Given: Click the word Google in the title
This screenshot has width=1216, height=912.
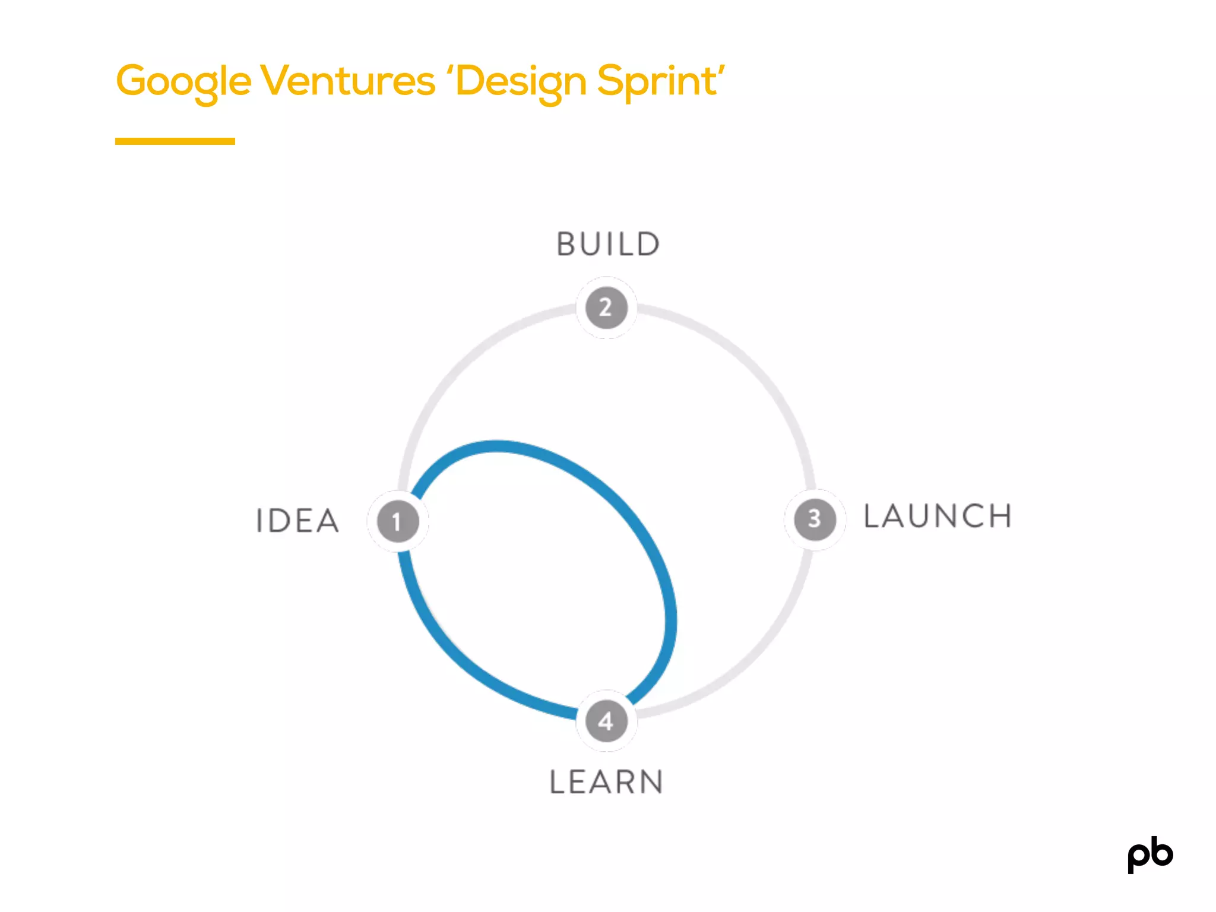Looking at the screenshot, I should click(x=183, y=81).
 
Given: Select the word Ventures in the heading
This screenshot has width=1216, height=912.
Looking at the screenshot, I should click(x=347, y=81).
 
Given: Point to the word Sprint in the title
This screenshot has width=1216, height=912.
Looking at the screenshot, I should click(x=657, y=81).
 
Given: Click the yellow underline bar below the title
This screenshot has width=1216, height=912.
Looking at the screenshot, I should click(x=175, y=141).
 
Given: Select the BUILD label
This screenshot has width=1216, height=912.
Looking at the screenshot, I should click(x=608, y=244).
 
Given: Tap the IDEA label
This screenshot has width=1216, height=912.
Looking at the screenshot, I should click(x=297, y=521).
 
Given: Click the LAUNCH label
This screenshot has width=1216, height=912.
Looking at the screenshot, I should click(x=938, y=516).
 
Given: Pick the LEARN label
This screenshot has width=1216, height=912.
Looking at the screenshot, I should click(x=606, y=781).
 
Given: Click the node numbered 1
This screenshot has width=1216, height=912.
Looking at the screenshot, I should click(x=397, y=521).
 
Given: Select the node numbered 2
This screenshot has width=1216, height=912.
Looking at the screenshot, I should click(x=606, y=308).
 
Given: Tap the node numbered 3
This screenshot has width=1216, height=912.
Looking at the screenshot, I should click(x=815, y=520).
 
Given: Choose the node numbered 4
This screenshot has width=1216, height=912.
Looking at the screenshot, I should click(x=606, y=721).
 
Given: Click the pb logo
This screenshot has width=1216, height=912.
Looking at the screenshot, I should click(x=1150, y=855).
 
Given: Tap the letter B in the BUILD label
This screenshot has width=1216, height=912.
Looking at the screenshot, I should click(x=566, y=244).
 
